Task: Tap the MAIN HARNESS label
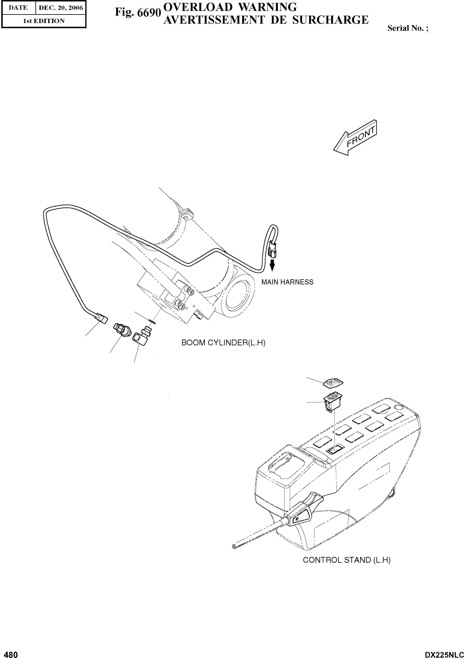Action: tap(287, 282)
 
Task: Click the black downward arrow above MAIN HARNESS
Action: tap(272, 266)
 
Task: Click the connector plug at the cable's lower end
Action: tap(102, 318)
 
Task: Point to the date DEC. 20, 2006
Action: tap(61, 8)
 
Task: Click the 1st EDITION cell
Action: tap(44, 21)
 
